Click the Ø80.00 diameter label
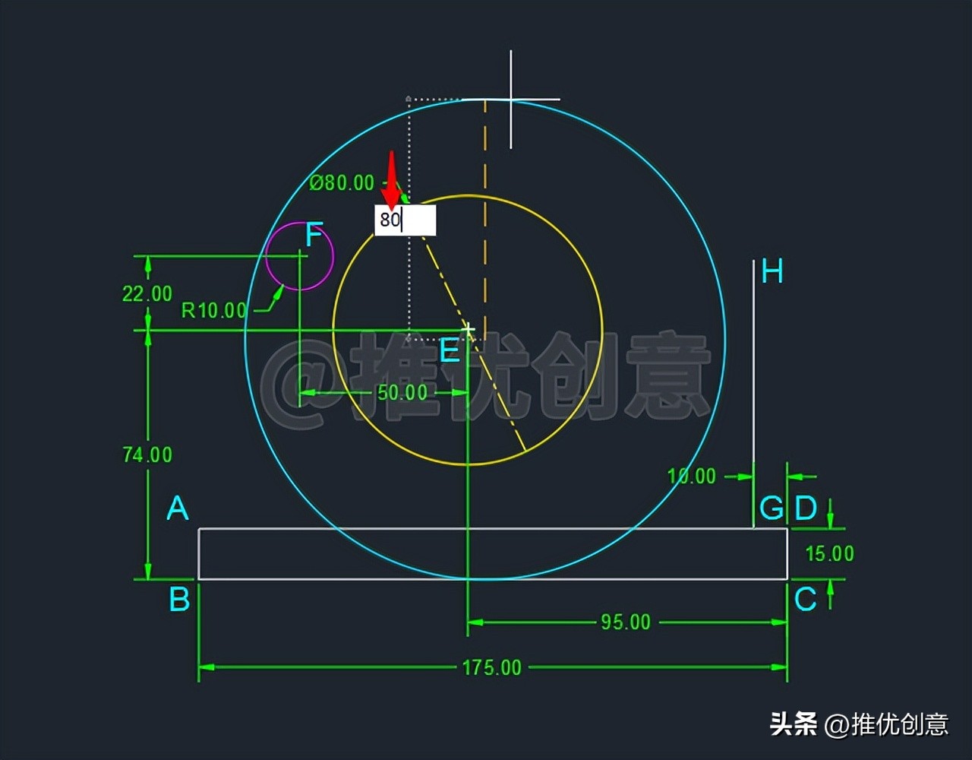click(342, 183)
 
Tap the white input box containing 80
click(406, 220)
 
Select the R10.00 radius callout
click(214, 310)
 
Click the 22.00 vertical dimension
click(147, 293)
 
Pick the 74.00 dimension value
click(147, 454)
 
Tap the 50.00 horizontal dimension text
click(402, 392)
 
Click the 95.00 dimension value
click(626, 622)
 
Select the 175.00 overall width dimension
click(492, 667)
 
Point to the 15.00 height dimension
click(829, 553)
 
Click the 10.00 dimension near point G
click(691, 477)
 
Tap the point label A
click(178, 508)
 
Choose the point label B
click(179, 600)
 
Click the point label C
click(805, 600)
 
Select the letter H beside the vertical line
click(772, 271)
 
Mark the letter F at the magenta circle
click(314, 236)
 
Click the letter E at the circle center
click(450, 351)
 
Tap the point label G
click(772, 508)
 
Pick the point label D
click(806, 508)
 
